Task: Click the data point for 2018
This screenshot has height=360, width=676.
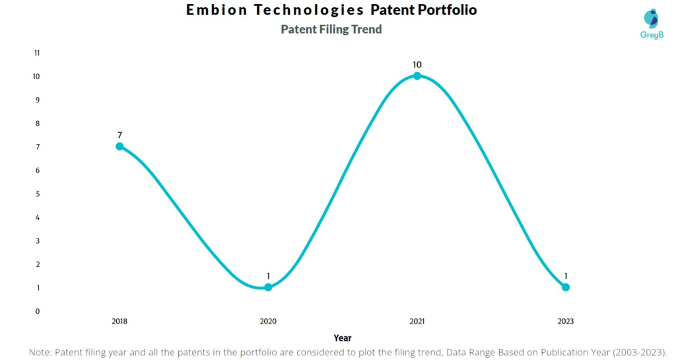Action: click(x=119, y=146)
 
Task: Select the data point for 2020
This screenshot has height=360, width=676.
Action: click(x=268, y=287)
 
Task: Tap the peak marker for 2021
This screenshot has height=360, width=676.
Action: click(x=417, y=76)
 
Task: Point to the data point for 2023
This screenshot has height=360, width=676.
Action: click(x=566, y=287)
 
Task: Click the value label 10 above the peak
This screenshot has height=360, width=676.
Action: click(x=417, y=65)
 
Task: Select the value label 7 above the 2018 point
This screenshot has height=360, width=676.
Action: click(x=119, y=135)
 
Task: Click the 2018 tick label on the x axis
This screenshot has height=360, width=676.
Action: click(x=119, y=322)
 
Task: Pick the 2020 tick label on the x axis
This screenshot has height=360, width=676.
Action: click(x=268, y=322)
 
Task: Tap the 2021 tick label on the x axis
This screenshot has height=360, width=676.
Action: click(x=417, y=322)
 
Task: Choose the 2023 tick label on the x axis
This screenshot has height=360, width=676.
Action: click(x=566, y=322)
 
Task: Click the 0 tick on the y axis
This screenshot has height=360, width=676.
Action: click(x=37, y=311)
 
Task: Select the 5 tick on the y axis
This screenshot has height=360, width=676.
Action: click(x=37, y=194)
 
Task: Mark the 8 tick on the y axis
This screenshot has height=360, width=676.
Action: click(x=37, y=124)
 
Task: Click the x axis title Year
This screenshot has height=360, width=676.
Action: click(x=343, y=338)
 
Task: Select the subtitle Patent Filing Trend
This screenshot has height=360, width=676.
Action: click(x=331, y=30)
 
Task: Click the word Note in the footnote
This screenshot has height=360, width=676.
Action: click(x=41, y=353)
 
